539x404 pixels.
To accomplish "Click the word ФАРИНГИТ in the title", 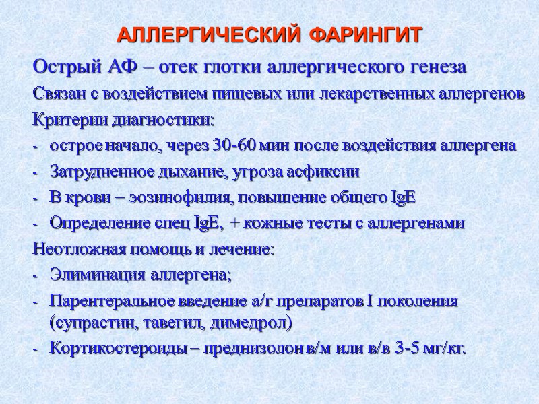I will (x=367, y=34).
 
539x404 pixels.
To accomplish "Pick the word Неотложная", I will (x=75, y=249).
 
